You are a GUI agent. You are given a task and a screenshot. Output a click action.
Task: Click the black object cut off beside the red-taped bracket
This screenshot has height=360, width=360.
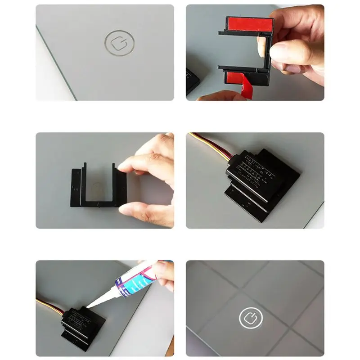click(192, 81)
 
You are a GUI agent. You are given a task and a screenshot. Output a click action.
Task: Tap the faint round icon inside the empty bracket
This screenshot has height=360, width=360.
click(96, 185)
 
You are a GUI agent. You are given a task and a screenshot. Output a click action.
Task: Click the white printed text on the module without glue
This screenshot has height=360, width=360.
click(250, 173)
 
